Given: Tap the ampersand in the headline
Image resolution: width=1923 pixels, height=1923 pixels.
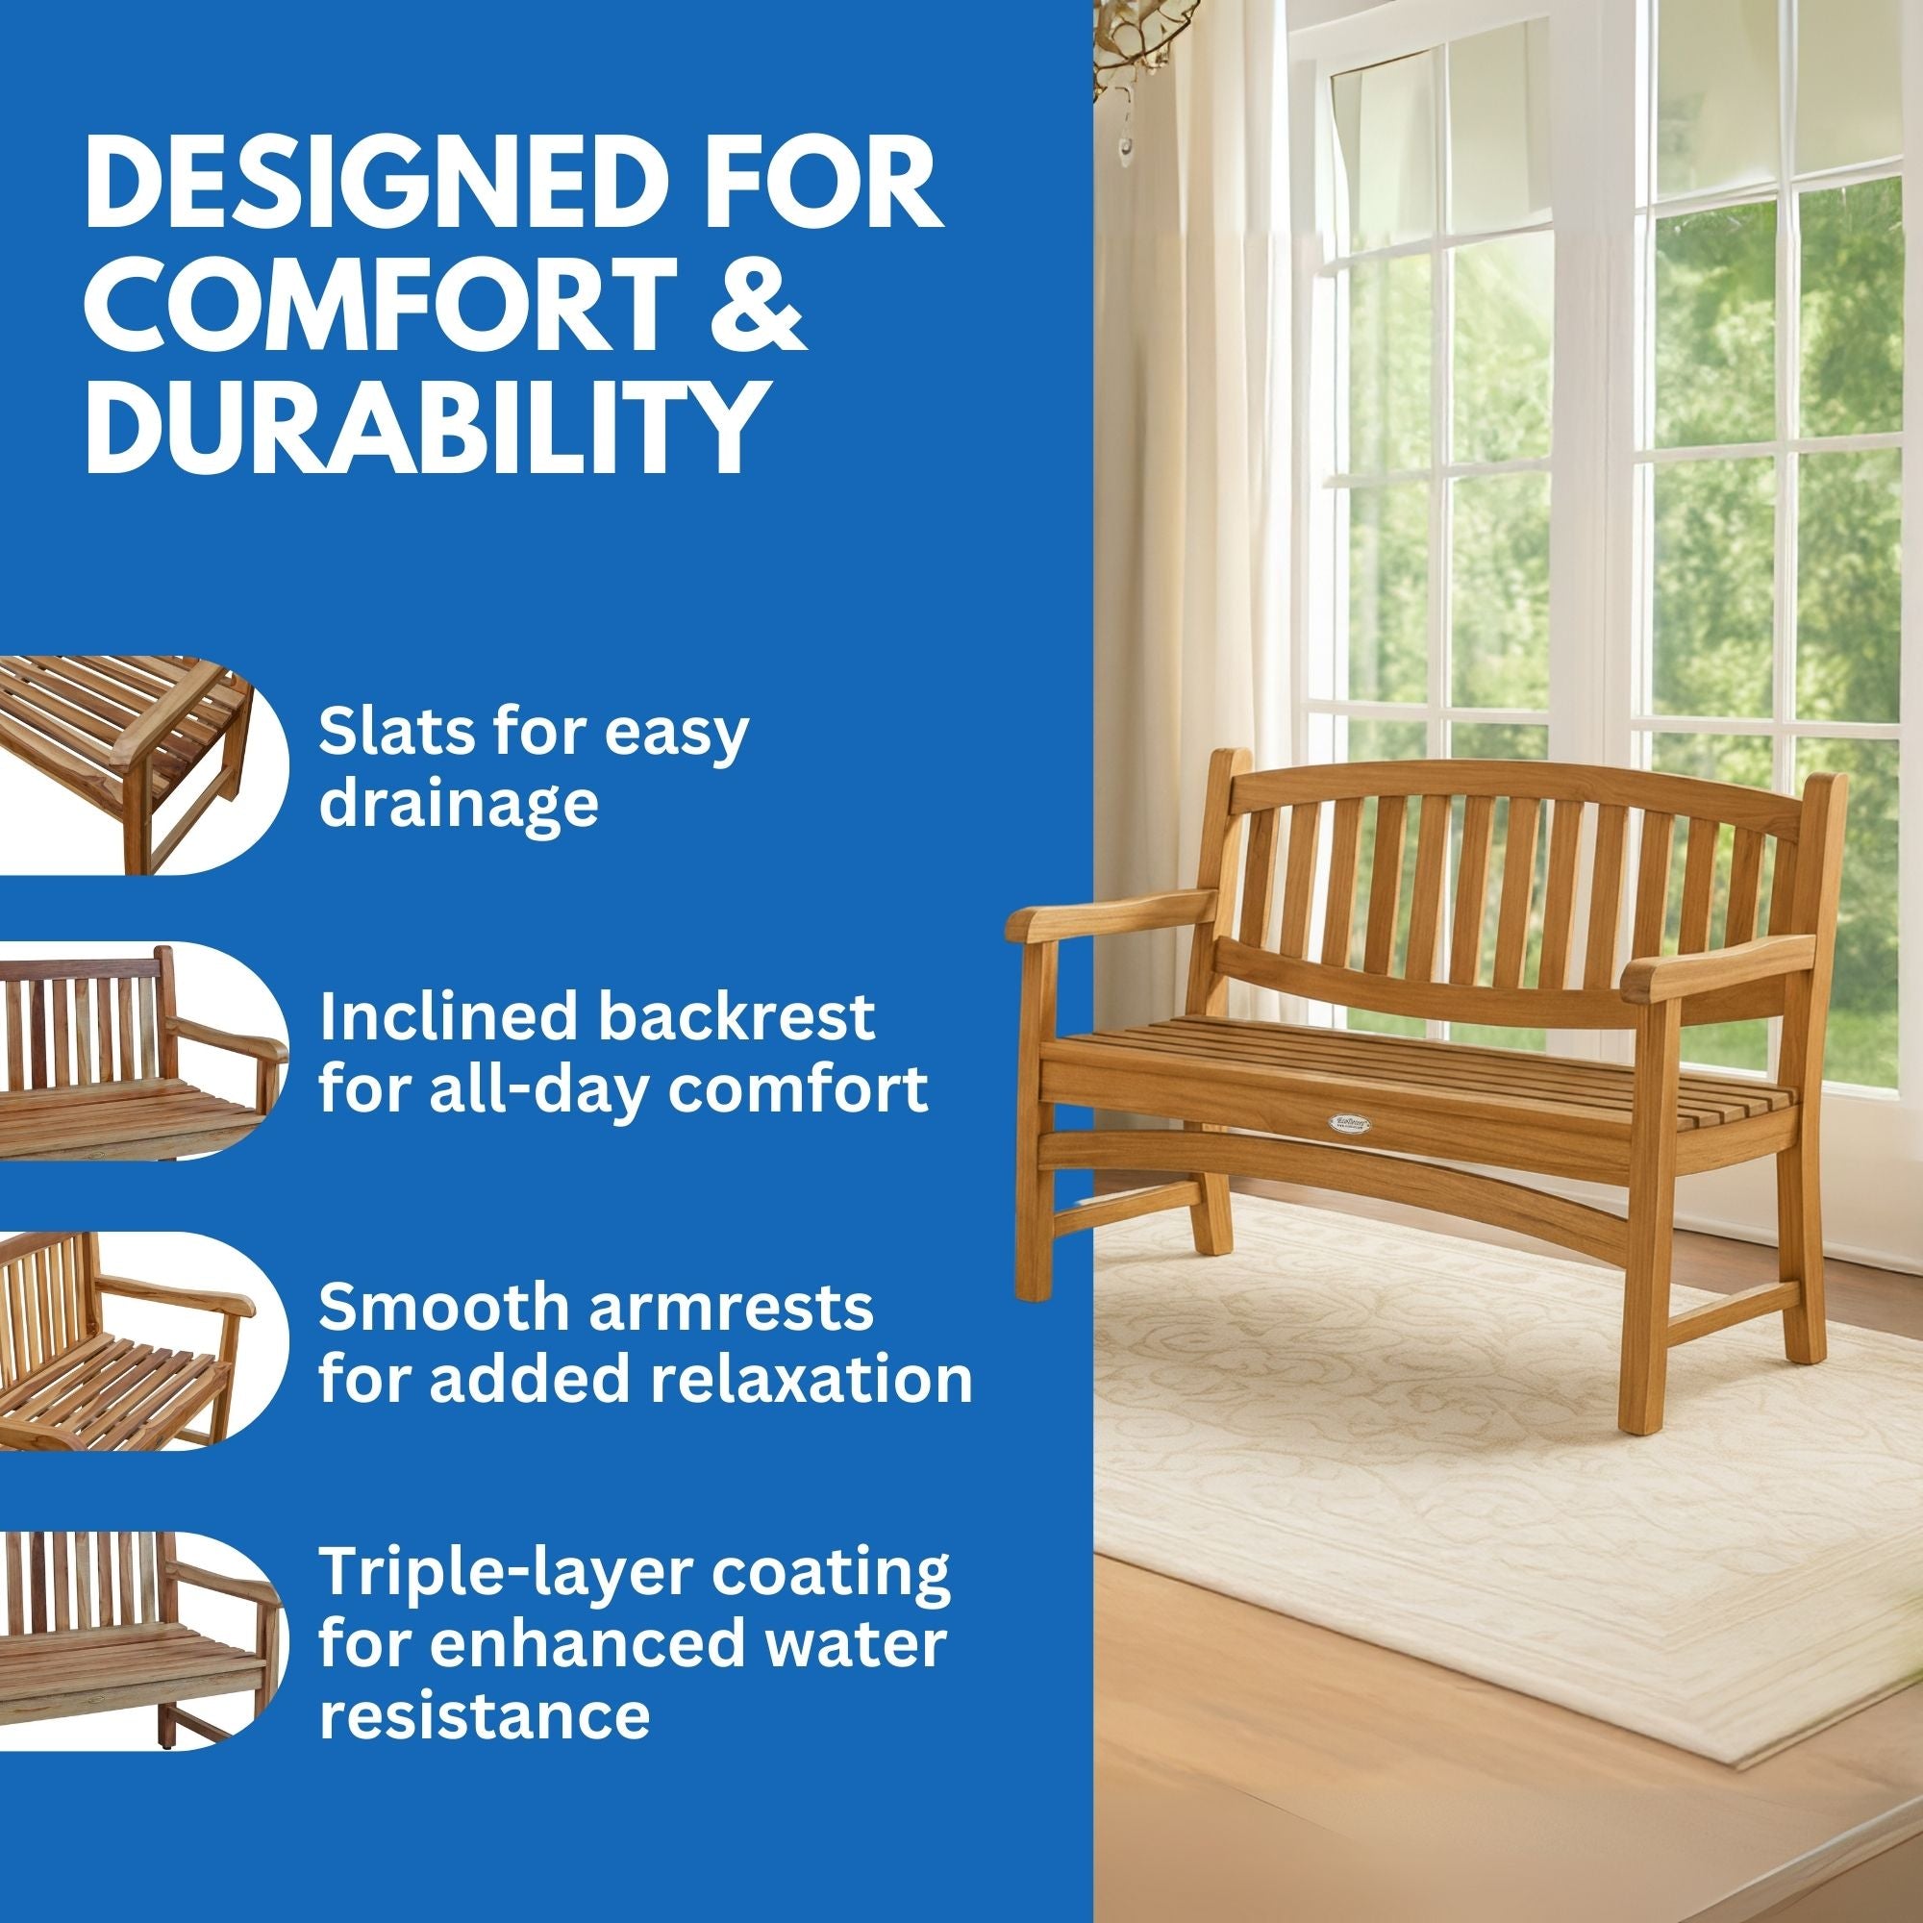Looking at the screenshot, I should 757,311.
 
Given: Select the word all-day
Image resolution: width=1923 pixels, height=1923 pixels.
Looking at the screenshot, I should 534,1089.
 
